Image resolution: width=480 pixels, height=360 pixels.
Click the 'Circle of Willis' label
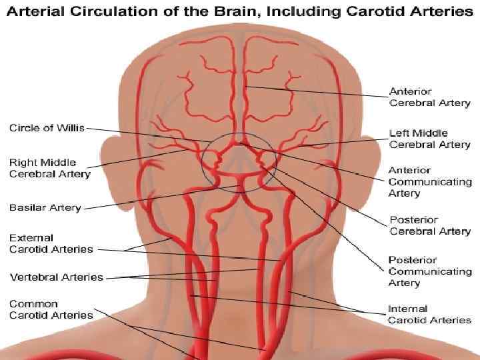(x=47, y=128)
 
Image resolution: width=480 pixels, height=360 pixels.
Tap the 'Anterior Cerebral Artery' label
(x=429, y=97)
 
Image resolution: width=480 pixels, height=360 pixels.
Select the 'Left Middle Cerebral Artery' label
(x=429, y=139)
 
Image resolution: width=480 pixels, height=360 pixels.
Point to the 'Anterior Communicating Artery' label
(x=429, y=181)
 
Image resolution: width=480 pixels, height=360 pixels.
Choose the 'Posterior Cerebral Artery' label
(x=429, y=225)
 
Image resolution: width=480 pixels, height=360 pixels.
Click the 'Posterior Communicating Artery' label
(x=429, y=271)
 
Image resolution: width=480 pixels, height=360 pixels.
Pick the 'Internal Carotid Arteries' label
(x=429, y=314)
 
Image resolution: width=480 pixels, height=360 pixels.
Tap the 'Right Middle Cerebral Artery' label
(x=43, y=168)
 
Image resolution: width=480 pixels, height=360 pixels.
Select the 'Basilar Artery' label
(x=45, y=207)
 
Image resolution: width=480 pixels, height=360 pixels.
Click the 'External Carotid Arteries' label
(x=51, y=243)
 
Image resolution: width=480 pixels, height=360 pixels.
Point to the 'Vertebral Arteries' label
(x=56, y=277)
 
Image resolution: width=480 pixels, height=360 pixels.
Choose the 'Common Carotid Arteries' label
(x=51, y=309)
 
